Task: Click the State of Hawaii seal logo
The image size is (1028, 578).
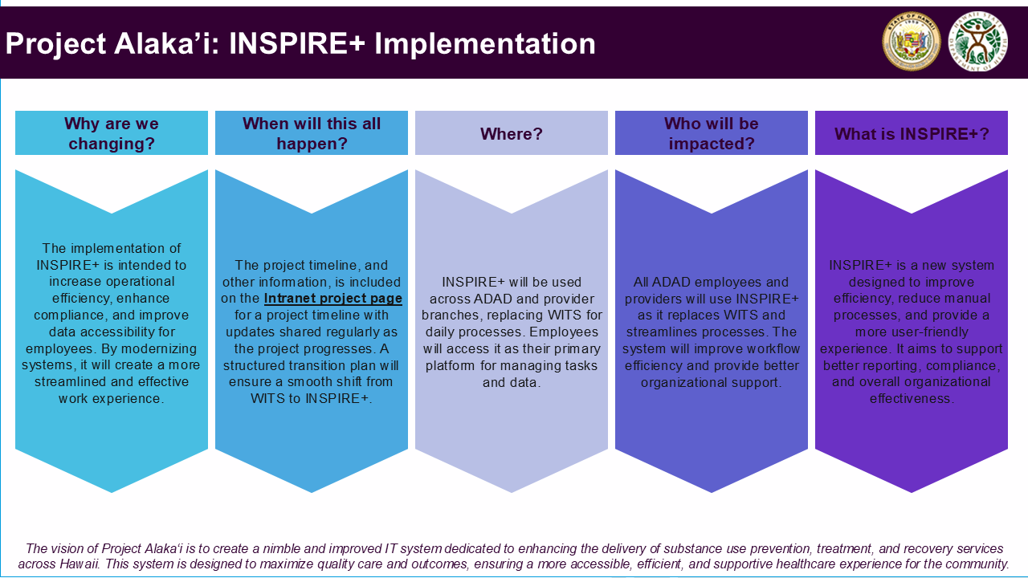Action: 912,41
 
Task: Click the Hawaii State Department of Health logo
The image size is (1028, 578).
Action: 978,41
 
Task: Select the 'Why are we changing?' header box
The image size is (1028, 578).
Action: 112,133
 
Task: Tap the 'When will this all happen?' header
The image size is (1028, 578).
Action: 312,133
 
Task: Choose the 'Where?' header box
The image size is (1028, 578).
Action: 512,133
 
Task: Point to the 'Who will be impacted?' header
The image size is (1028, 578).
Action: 712,133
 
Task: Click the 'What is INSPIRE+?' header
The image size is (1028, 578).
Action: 912,133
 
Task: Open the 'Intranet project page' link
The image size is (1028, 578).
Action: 333,299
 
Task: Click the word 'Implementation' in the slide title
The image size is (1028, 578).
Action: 484,44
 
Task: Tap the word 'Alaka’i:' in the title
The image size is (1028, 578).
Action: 166,44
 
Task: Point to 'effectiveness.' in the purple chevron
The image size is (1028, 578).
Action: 912,399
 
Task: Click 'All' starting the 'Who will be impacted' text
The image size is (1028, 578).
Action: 641,282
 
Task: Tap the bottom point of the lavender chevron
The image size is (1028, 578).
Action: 512,493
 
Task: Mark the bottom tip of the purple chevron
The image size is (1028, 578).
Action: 912,493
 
